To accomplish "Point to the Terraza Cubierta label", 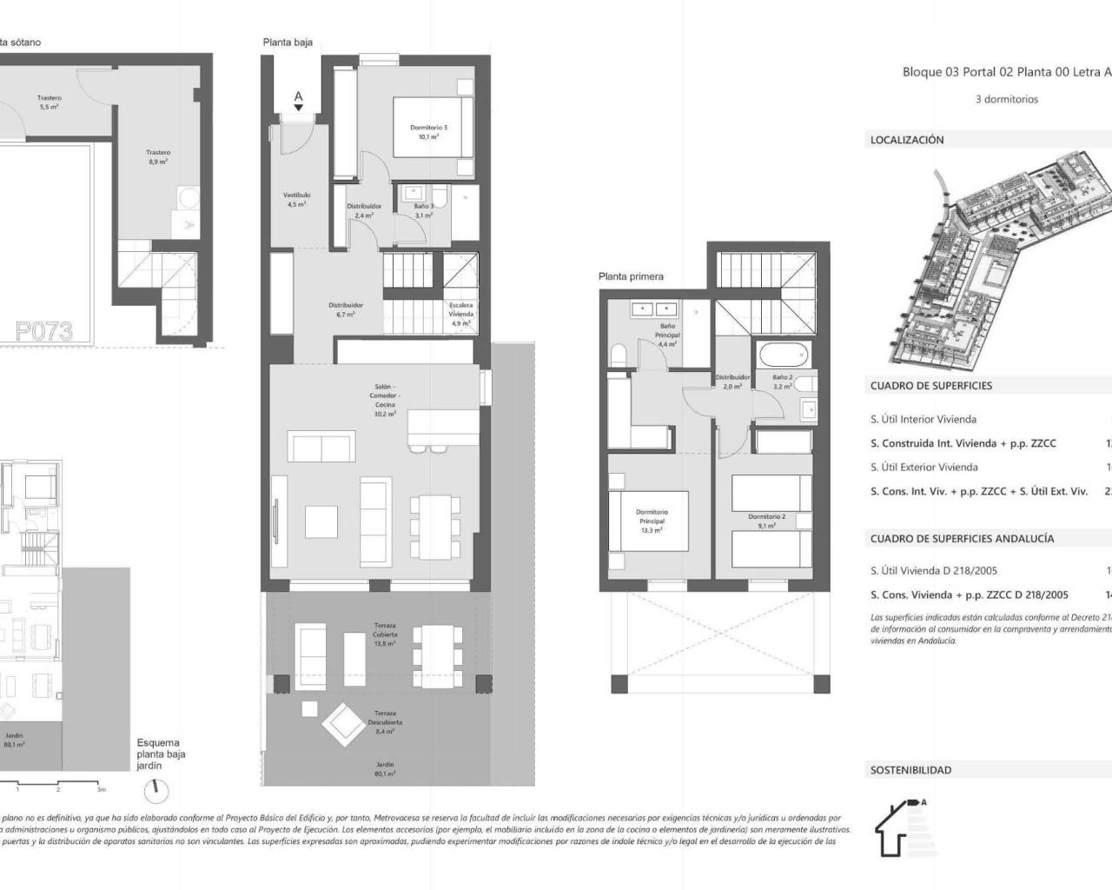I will (384, 634).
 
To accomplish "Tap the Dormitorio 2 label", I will (766, 521).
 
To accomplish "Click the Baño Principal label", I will (667, 335).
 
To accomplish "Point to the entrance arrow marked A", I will (298, 101).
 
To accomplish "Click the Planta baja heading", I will (288, 42).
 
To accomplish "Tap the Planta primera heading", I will (631, 276).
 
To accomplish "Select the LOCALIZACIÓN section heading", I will (906, 140).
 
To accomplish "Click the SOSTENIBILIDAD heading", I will (910, 770).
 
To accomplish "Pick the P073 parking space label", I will (43, 331).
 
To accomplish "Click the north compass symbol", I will (157, 789).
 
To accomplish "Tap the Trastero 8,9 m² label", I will (157, 156).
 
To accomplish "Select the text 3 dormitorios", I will (1006, 99).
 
